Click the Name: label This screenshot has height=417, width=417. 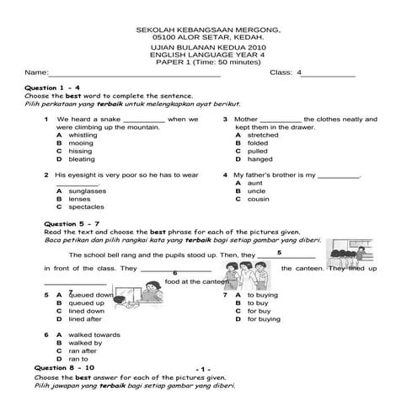point(35,73)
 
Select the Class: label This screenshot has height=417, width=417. point(280,73)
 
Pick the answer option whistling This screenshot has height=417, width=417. point(83,135)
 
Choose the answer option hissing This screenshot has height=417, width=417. point(80,151)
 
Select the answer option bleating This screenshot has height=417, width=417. point(82,159)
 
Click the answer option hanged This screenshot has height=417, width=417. point(259,159)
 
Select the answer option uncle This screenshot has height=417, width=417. point(256,190)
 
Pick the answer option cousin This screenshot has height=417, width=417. point(258,199)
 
